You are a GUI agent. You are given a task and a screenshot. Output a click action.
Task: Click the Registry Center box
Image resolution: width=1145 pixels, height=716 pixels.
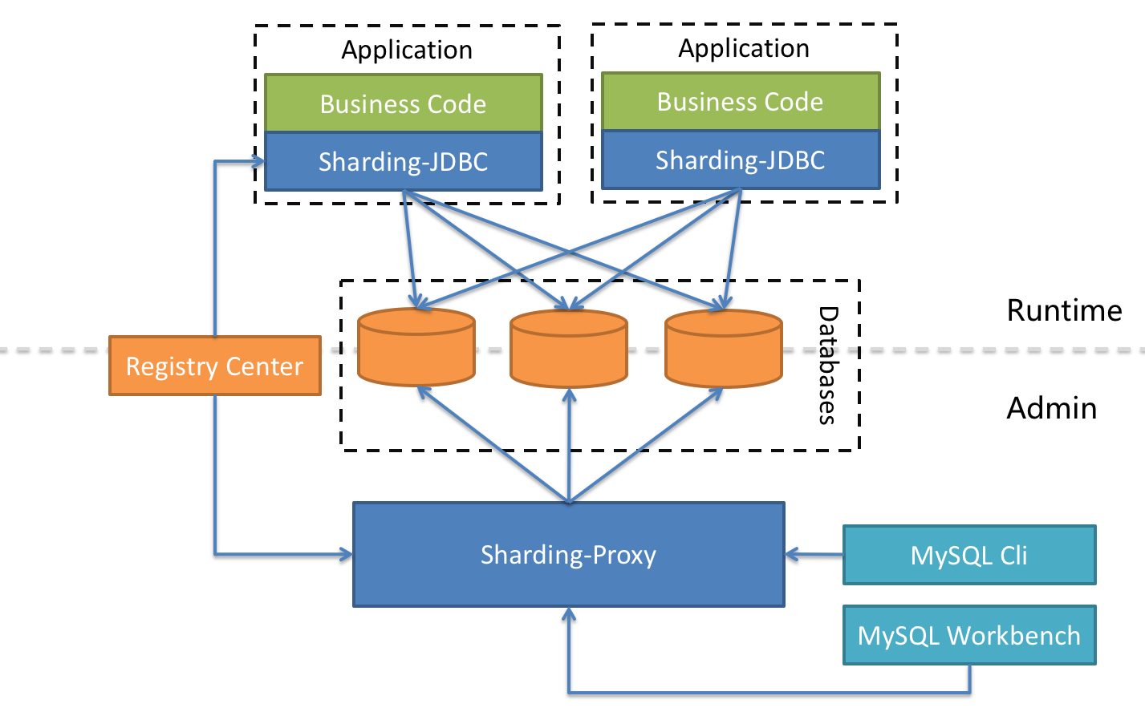coord(215,366)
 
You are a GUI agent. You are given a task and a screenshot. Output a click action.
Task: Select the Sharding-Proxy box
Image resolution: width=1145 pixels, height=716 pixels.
coord(568,555)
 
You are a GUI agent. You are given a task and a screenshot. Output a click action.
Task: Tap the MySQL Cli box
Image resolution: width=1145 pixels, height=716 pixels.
coord(969,555)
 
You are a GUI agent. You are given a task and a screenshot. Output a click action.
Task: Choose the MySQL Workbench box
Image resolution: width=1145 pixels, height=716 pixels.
coord(969,635)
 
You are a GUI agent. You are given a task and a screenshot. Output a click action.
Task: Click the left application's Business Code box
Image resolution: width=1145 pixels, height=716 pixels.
coord(403,103)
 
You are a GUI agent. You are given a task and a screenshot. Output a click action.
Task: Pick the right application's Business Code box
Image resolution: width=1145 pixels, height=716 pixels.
coord(740,102)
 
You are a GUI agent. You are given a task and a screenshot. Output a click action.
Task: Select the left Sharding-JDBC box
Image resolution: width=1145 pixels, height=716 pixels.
coord(403,161)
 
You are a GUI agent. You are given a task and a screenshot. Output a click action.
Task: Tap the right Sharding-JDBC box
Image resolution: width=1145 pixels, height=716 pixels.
coord(740,160)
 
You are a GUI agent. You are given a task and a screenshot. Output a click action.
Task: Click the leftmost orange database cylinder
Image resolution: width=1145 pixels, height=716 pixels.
coord(416,347)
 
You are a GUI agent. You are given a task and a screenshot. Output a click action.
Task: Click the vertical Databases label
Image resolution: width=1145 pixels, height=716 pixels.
coord(827,366)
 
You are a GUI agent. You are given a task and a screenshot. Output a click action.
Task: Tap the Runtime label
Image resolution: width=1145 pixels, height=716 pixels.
coord(1064,310)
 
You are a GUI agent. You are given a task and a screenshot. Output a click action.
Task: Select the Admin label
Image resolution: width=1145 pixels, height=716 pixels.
coord(1051,408)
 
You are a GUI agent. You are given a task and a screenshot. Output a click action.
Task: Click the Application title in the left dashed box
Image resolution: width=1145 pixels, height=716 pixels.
coord(407,50)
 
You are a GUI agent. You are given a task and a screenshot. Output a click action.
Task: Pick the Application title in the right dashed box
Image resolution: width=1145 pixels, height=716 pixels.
coord(744,48)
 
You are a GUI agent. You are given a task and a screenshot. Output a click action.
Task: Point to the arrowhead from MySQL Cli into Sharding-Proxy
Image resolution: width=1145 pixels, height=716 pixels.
coord(791,554)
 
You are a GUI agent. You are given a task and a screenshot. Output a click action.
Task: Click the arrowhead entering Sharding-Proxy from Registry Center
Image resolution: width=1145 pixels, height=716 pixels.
coord(347,554)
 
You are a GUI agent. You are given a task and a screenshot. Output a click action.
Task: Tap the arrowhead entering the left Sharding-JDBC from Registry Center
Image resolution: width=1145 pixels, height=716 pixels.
coord(259,161)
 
